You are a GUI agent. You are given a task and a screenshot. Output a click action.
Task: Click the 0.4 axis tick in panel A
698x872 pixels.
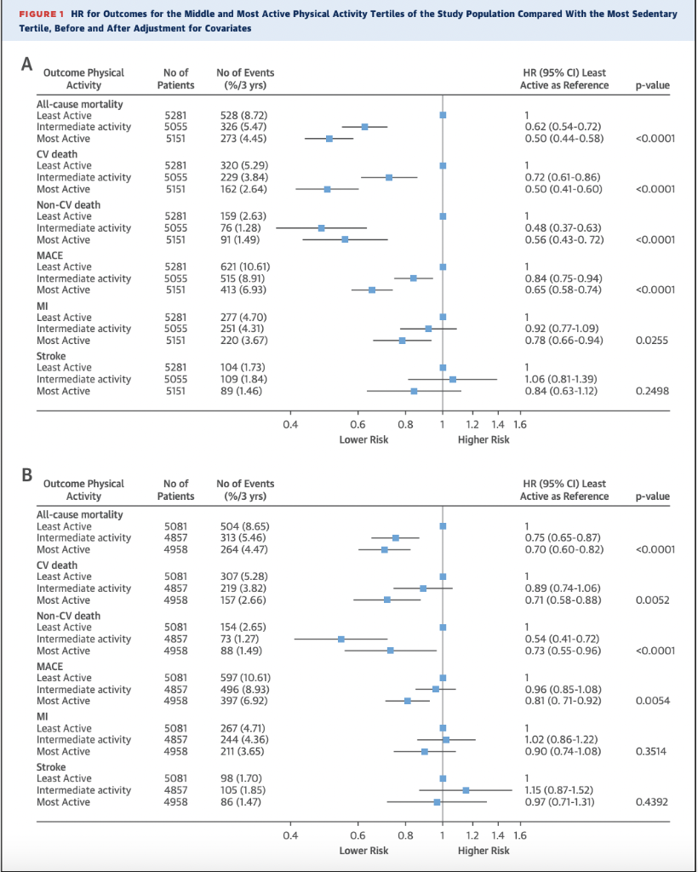290,424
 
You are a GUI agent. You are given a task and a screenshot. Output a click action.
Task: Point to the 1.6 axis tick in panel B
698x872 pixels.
520,835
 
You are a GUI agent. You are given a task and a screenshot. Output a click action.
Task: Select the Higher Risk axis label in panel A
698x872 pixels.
483,439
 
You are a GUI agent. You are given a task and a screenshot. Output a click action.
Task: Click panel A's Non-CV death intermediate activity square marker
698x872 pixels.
322,228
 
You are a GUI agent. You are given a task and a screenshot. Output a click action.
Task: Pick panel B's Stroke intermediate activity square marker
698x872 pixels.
466,790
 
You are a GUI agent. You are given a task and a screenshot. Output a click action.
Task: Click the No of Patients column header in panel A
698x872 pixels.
175,79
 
